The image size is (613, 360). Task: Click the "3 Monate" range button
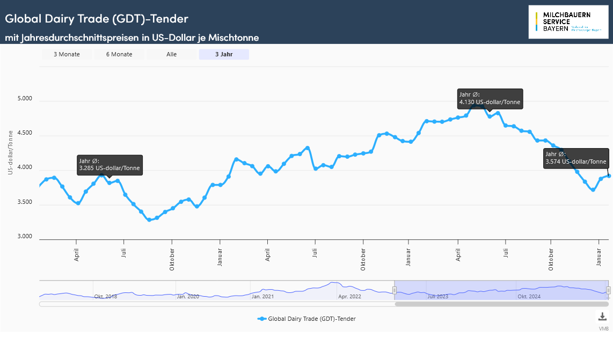tap(67, 54)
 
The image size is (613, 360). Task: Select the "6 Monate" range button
tap(119, 54)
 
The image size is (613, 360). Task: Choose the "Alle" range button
tap(172, 54)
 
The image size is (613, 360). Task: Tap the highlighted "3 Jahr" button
tap(224, 54)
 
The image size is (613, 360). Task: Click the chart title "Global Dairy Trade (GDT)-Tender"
tap(97, 18)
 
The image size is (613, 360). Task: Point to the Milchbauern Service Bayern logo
tap(568, 22)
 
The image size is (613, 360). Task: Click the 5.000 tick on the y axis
tap(25, 99)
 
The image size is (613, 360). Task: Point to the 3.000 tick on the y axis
tap(25, 237)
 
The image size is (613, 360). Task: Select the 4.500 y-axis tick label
tap(25, 134)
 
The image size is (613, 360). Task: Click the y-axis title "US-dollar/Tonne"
tap(10, 153)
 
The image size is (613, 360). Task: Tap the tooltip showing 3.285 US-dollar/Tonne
tap(110, 165)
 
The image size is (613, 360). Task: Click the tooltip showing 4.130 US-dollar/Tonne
tap(490, 98)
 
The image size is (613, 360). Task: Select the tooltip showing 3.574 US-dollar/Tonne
tap(576, 158)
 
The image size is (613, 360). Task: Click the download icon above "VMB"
tap(603, 317)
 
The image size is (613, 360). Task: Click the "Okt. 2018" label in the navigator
tap(106, 296)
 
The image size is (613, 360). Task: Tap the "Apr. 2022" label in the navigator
tap(349, 296)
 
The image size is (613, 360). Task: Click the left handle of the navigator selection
tap(395, 290)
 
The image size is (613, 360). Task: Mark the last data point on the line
tap(609, 176)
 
